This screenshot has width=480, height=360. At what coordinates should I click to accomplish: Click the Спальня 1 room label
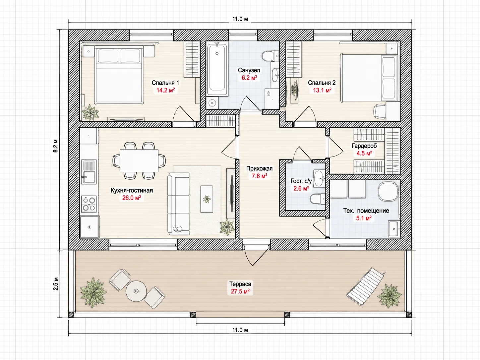pos(165,83)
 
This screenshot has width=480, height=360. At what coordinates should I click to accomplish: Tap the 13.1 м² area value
pos(322,90)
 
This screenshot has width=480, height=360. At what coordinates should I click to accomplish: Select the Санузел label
pos(249,70)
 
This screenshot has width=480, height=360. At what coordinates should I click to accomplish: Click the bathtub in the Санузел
pos(217,69)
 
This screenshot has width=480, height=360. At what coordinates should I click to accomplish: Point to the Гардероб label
pos(364,146)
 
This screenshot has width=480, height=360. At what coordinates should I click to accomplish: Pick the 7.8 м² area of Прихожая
pos(259,176)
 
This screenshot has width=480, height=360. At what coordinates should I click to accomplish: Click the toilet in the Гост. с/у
pos(317,199)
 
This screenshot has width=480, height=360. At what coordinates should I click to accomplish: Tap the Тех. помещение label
pos(366,211)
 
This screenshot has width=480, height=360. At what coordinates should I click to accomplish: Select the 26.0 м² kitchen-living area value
pos(131,198)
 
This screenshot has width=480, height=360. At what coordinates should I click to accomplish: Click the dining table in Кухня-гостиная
pos(139,161)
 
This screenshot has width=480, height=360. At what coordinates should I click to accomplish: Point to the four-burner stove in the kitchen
pos(89,204)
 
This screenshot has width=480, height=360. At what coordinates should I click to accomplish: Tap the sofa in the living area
pos(178,204)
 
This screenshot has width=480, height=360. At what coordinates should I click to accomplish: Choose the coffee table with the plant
pos(207,199)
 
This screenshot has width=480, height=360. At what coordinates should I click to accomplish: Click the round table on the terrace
pos(136,291)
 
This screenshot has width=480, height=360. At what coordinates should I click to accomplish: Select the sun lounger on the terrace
pos(366,286)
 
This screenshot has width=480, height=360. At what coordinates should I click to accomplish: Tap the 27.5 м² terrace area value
pos(240,291)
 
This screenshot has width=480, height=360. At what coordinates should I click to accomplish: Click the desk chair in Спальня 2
pos(380,111)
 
